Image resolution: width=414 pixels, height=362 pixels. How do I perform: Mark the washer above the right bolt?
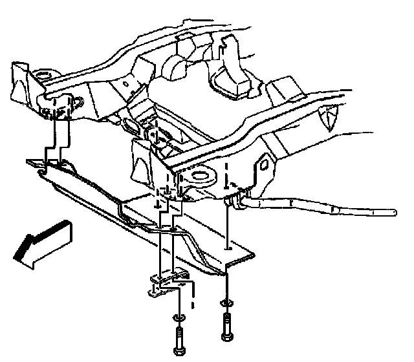[226, 302]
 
